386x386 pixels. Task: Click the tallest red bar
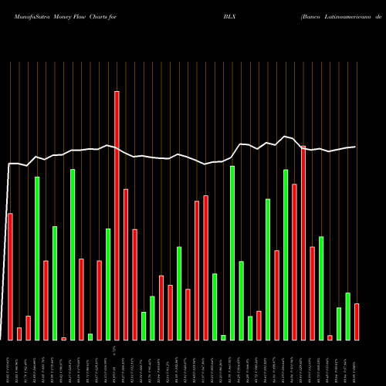(x=117, y=215)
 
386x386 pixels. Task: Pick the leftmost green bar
(x=37, y=258)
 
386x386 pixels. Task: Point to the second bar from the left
(x=19, y=334)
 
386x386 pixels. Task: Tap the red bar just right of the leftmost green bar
(x=46, y=300)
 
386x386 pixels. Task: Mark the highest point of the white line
(x=286, y=137)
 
